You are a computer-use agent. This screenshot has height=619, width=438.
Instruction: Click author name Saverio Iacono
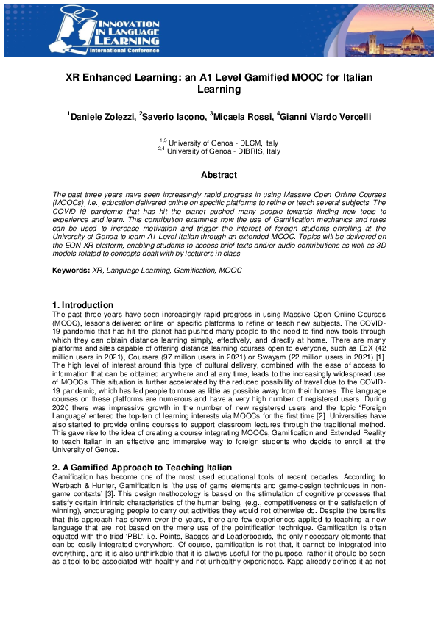(174, 116)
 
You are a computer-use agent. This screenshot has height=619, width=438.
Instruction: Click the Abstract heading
(219, 175)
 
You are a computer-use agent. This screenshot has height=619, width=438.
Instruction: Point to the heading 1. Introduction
(82, 305)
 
